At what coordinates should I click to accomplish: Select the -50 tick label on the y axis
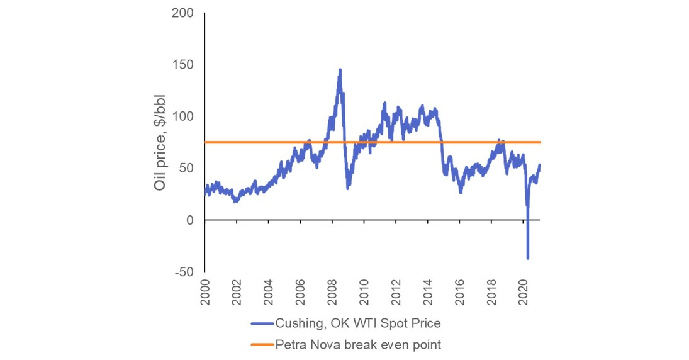click(x=184, y=271)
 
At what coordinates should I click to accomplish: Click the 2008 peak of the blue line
click(x=340, y=70)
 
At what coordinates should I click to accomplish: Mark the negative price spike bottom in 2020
click(x=528, y=258)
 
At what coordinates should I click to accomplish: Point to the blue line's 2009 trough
click(x=348, y=188)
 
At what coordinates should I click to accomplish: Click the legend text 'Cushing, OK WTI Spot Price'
click(x=357, y=323)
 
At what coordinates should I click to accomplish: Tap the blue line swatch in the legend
click(x=262, y=323)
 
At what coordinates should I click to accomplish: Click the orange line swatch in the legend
click(x=262, y=345)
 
